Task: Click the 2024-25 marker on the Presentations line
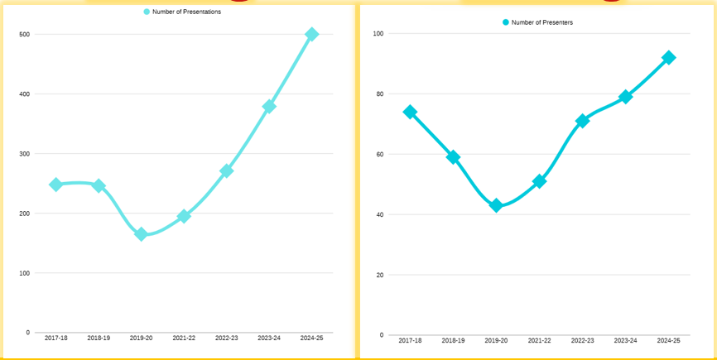tap(312, 34)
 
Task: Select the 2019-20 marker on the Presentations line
tap(141, 234)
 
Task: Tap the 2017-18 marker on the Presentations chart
tap(55, 185)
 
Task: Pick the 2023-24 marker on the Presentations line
tap(269, 106)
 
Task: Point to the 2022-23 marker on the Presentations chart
tap(226, 170)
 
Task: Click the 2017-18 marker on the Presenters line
tap(410, 112)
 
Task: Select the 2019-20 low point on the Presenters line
tap(496, 205)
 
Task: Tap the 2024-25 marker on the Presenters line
tap(668, 57)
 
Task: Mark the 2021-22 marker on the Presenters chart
tap(539, 181)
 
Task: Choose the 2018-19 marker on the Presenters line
tap(453, 156)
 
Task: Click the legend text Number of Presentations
tap(186, 12)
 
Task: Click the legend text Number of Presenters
tap(542, 22)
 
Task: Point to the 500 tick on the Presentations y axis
tap(24, 35)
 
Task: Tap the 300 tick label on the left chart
tap(24, 154)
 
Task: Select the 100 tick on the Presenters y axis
tap(378, 34)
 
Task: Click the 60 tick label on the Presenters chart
tap(380, 155)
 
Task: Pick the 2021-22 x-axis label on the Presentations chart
tap(184, 338)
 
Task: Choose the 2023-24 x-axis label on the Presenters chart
tap(625, 341)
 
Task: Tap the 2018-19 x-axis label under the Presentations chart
tap(98, 338)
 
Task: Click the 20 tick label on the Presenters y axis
tap(380, 275)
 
